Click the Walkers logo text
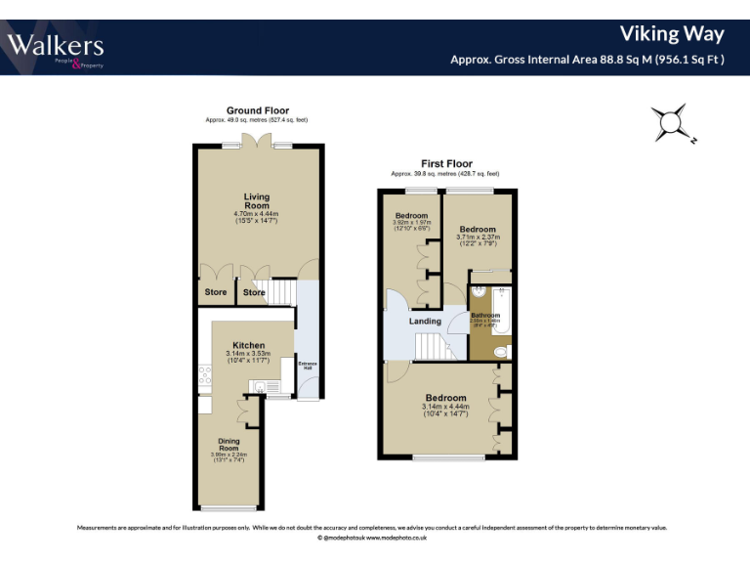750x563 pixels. pyautogui.click(x=56, y=44)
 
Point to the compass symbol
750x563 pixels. pyautogui.click(x=671, y=123)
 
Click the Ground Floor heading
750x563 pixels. pyautogui.click(x=257, y=110)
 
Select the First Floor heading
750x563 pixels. pyautogui.click(x=446, y=164)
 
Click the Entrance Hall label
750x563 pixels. pyautogui.click(x=308, y=366)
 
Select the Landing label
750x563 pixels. pyautogui.click(x=425, y=321)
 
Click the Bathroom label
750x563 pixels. pyautogui.click(x=485, y=316)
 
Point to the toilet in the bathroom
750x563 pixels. pyautogui.click(x=500, y=352)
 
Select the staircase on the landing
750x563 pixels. pyautogui.click(x=431, y=345)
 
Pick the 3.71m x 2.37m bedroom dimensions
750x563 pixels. pyautogui.click(x=478, y=237)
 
